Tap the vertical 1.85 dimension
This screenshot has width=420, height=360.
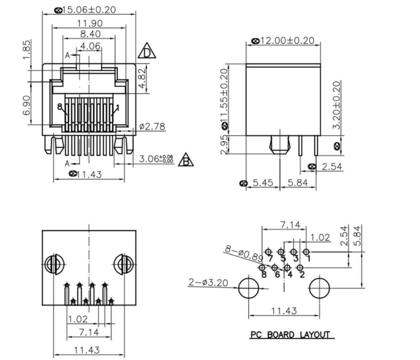27,50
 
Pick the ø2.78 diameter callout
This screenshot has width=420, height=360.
151,127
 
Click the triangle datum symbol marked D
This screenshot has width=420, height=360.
146,51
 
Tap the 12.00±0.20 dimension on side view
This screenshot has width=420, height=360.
285,41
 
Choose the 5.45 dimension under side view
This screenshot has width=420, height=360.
263,183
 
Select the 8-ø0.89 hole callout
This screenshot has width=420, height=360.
243,252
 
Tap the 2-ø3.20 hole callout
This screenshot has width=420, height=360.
207,283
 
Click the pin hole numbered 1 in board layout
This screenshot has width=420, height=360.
306,252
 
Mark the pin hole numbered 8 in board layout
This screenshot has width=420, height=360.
263,268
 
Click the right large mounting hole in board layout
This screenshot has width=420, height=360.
319,288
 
